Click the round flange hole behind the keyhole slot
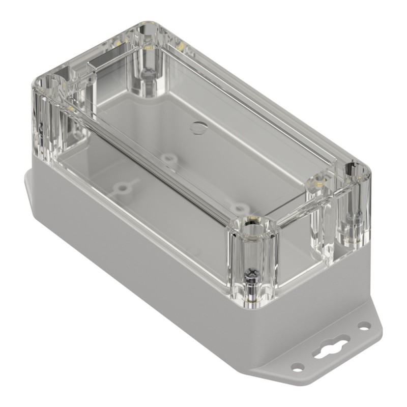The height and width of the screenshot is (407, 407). click(x=363, y=325)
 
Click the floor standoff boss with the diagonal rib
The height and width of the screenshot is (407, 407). click(x=123, y=189)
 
